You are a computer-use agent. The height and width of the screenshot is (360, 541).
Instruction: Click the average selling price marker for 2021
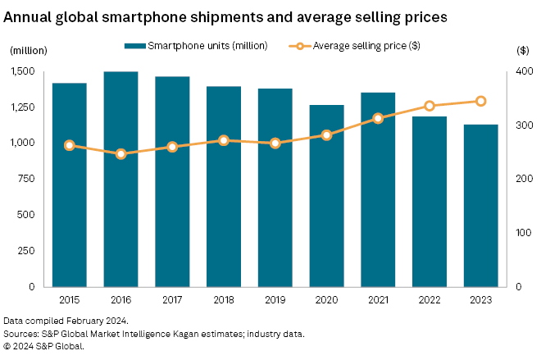378,118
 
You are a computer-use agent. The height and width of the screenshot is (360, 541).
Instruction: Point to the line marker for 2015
70,145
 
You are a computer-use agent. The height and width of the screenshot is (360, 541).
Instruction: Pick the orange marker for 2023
481,101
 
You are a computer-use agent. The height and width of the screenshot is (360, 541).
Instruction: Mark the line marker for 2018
224,140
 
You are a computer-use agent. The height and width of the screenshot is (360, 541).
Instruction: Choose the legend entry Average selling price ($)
368,46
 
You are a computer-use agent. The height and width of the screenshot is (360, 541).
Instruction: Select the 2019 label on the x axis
275,300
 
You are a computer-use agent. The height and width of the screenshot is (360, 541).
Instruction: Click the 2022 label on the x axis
430,300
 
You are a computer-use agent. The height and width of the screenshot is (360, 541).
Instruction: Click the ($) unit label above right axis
523,50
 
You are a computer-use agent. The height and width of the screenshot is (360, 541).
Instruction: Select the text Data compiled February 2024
66,320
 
